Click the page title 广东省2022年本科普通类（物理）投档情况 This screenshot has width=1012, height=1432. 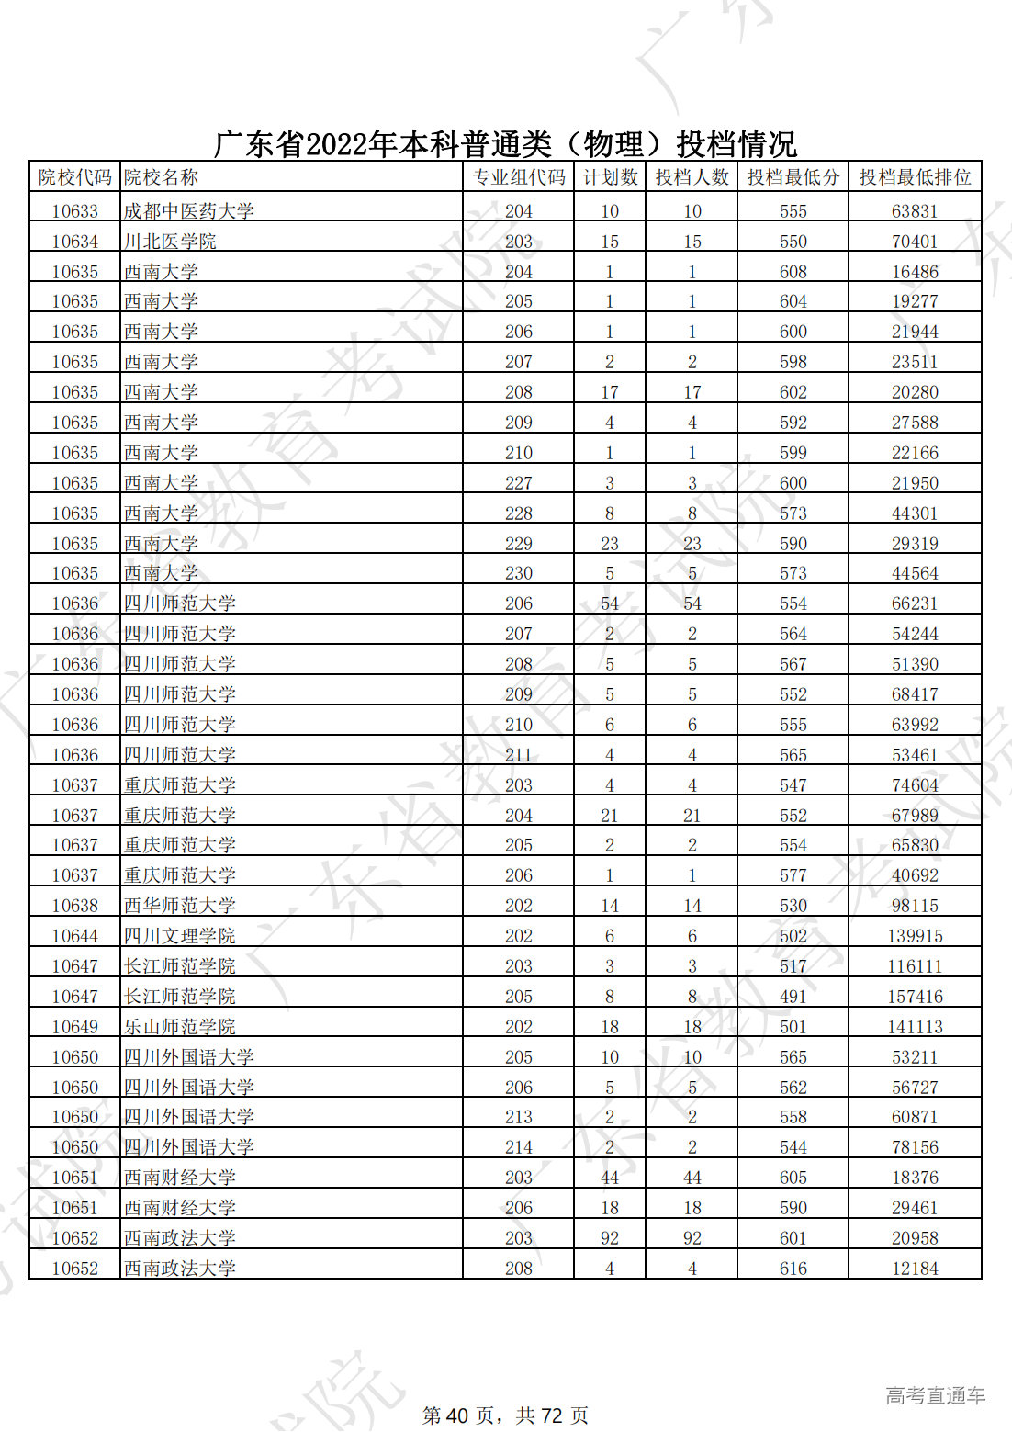pyautogui.click(x=505, y=144)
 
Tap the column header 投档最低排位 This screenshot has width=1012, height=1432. pyautogui.click(x=915, y=177)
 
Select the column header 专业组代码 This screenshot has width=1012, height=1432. pyautogui.click(x=518, y=177)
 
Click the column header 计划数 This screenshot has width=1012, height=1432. pyautogui.click(x=610, y=177)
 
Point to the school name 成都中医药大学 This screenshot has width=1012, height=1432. pyautogui.click(x=189, y=211)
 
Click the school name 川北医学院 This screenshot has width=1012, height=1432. pyautogui.click(x=170, y=242)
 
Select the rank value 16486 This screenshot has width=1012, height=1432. pyautogui.click(x=915, y=272)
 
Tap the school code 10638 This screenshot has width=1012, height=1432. pyautogui.click(x=74, y=906)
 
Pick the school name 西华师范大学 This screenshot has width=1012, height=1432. pyautogui.click(x=180, y=906)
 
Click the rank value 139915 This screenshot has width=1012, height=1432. pyautogui.click(x=915, y=936)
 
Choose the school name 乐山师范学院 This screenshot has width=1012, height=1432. pyautogui.click(x=180, y=1027)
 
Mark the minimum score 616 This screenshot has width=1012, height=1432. pyautogui.click(x=793, y=1269)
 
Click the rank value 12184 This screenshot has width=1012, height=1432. pyautogui.click(x=915, y=1269)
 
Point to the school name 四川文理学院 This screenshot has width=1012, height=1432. pyautogui.click(x=180, y=936)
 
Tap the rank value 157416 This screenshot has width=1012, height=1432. pyautogui.click(x=915, y=997)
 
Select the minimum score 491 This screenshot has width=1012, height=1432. pyautogui.click(x=793, y=997)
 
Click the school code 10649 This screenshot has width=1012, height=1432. pyautogui.click(x=74, y=1027)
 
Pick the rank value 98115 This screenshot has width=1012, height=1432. pyautogui.click(x=915, y=906)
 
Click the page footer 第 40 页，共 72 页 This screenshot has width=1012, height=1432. pyautogui.click(x=505, y=1415)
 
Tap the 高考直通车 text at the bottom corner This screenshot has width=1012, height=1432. pyautogui.click(x=935, y=1396)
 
